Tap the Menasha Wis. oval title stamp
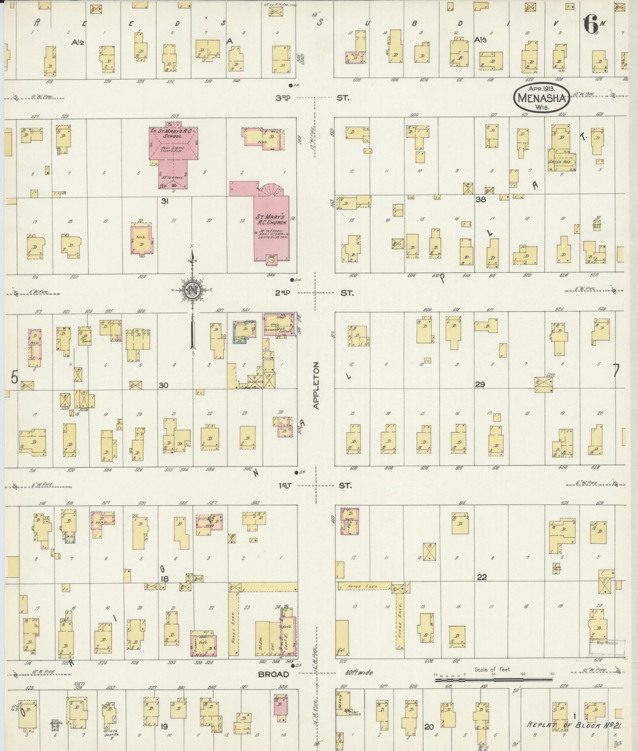(x=541, y=97)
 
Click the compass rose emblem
(x=193, y=290)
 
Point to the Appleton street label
(x=316, y=385)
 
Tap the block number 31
(x=165, y=201)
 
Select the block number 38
(x=480, y=199)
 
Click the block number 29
(x=480, y=384)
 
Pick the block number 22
(x=482, y=577)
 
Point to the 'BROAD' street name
(x=273, y=674)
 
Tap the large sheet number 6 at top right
(x=591, y=24)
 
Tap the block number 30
(x=163, y=385)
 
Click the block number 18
(x=165, y=578)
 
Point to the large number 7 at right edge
(x=616, y=372)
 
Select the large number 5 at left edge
(x=15, y=378)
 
